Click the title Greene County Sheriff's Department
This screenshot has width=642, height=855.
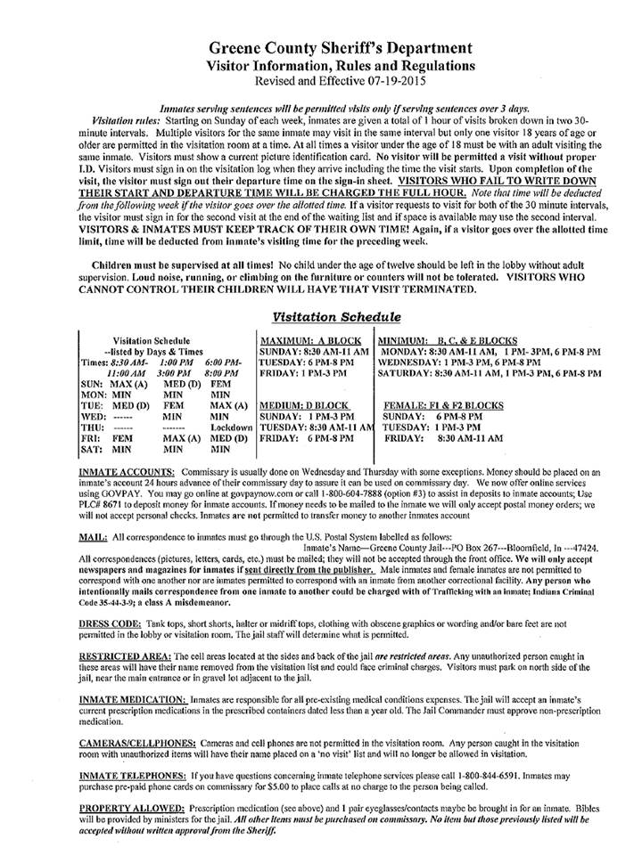coord(321,48)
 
